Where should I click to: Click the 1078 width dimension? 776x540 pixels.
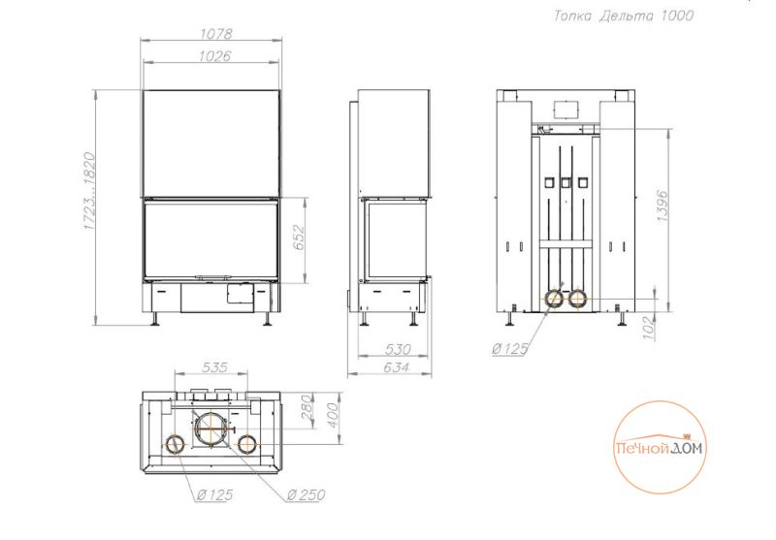coord(215,34)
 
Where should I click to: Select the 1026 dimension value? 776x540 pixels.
coord(214,56)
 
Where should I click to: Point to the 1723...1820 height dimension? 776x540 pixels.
coord(89,191)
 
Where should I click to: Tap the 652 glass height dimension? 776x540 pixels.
coord(298,237)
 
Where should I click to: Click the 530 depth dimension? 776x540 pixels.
coord(398,349)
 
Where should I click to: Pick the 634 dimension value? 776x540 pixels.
coord(396,367)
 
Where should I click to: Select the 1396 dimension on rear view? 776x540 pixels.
coord(663,206)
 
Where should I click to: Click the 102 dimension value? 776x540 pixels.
coord(649,328)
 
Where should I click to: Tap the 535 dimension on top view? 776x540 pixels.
coord(214,366)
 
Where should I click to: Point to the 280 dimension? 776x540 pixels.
coord(307,407)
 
